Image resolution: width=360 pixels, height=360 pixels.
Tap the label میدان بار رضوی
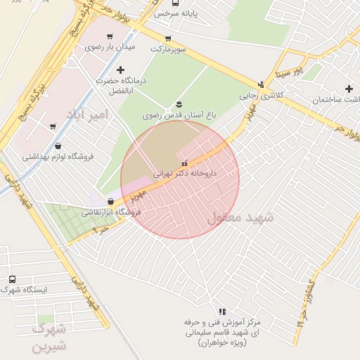pos(109,47)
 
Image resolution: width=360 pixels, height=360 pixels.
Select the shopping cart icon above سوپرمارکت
pos(167,39)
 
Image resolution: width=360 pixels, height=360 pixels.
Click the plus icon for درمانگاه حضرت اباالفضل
pos(120,70)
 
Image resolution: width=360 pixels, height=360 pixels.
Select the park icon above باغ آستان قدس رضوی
pos(177,104)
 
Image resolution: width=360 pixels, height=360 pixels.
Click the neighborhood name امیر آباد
pos(88,113)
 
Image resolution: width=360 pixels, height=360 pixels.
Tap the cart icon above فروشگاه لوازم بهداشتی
pos(53,127)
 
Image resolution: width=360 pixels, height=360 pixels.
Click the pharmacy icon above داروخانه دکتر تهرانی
pos(185,163)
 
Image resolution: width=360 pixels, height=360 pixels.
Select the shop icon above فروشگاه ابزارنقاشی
pos(111,202)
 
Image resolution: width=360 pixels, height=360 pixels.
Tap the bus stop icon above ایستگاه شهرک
pos(11,279)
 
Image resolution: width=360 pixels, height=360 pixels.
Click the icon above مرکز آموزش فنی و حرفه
pos(222,311)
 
